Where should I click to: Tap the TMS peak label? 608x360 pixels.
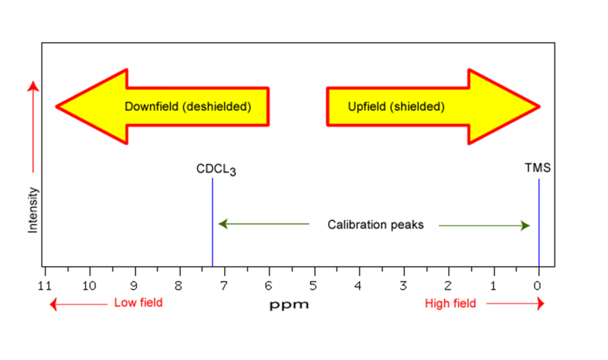coord(537,168)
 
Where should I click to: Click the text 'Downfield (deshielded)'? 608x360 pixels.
coord(188,107)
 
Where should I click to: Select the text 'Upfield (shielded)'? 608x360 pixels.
coord(396,107)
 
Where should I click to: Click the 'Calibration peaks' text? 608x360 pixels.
coord(376,225)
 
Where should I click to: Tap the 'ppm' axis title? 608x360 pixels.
coord(289,305)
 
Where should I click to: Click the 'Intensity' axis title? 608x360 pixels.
coord(33,210)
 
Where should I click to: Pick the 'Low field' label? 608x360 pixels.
coord(138,303)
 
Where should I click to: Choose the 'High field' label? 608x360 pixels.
coord(451,304)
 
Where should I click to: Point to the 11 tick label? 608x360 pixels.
coord(45,286)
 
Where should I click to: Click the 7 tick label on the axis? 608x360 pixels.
coord(224,286)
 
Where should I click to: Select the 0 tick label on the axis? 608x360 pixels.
coord(538,286)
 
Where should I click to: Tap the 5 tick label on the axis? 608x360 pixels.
coord(314,286)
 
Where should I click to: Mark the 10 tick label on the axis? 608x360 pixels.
coord(89,286)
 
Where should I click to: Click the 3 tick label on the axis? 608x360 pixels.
coord(404,286)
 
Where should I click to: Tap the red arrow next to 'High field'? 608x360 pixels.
coord(515,304)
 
